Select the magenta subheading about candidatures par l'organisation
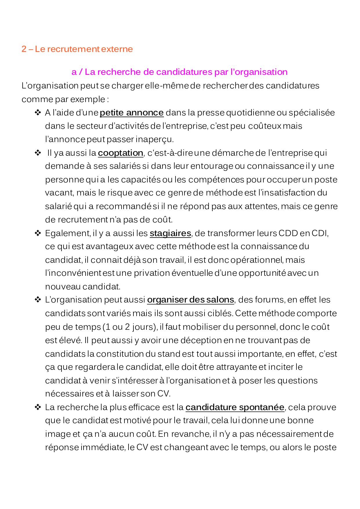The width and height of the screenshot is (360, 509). point(179,72)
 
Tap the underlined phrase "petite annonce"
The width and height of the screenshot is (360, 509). point(132,113)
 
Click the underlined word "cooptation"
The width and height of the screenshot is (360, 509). point(120,153)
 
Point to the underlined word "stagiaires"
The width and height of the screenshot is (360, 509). point(170,233)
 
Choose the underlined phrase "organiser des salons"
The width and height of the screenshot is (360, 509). point(191,300)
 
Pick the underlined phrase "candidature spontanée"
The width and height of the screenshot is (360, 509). point(235,407)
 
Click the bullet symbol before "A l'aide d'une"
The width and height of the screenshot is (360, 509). point(38,112)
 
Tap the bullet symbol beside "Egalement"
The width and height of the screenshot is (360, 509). point(38,233)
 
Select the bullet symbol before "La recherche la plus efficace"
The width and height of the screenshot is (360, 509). point(38,407)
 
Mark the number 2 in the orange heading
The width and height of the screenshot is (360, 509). point(24,49)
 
